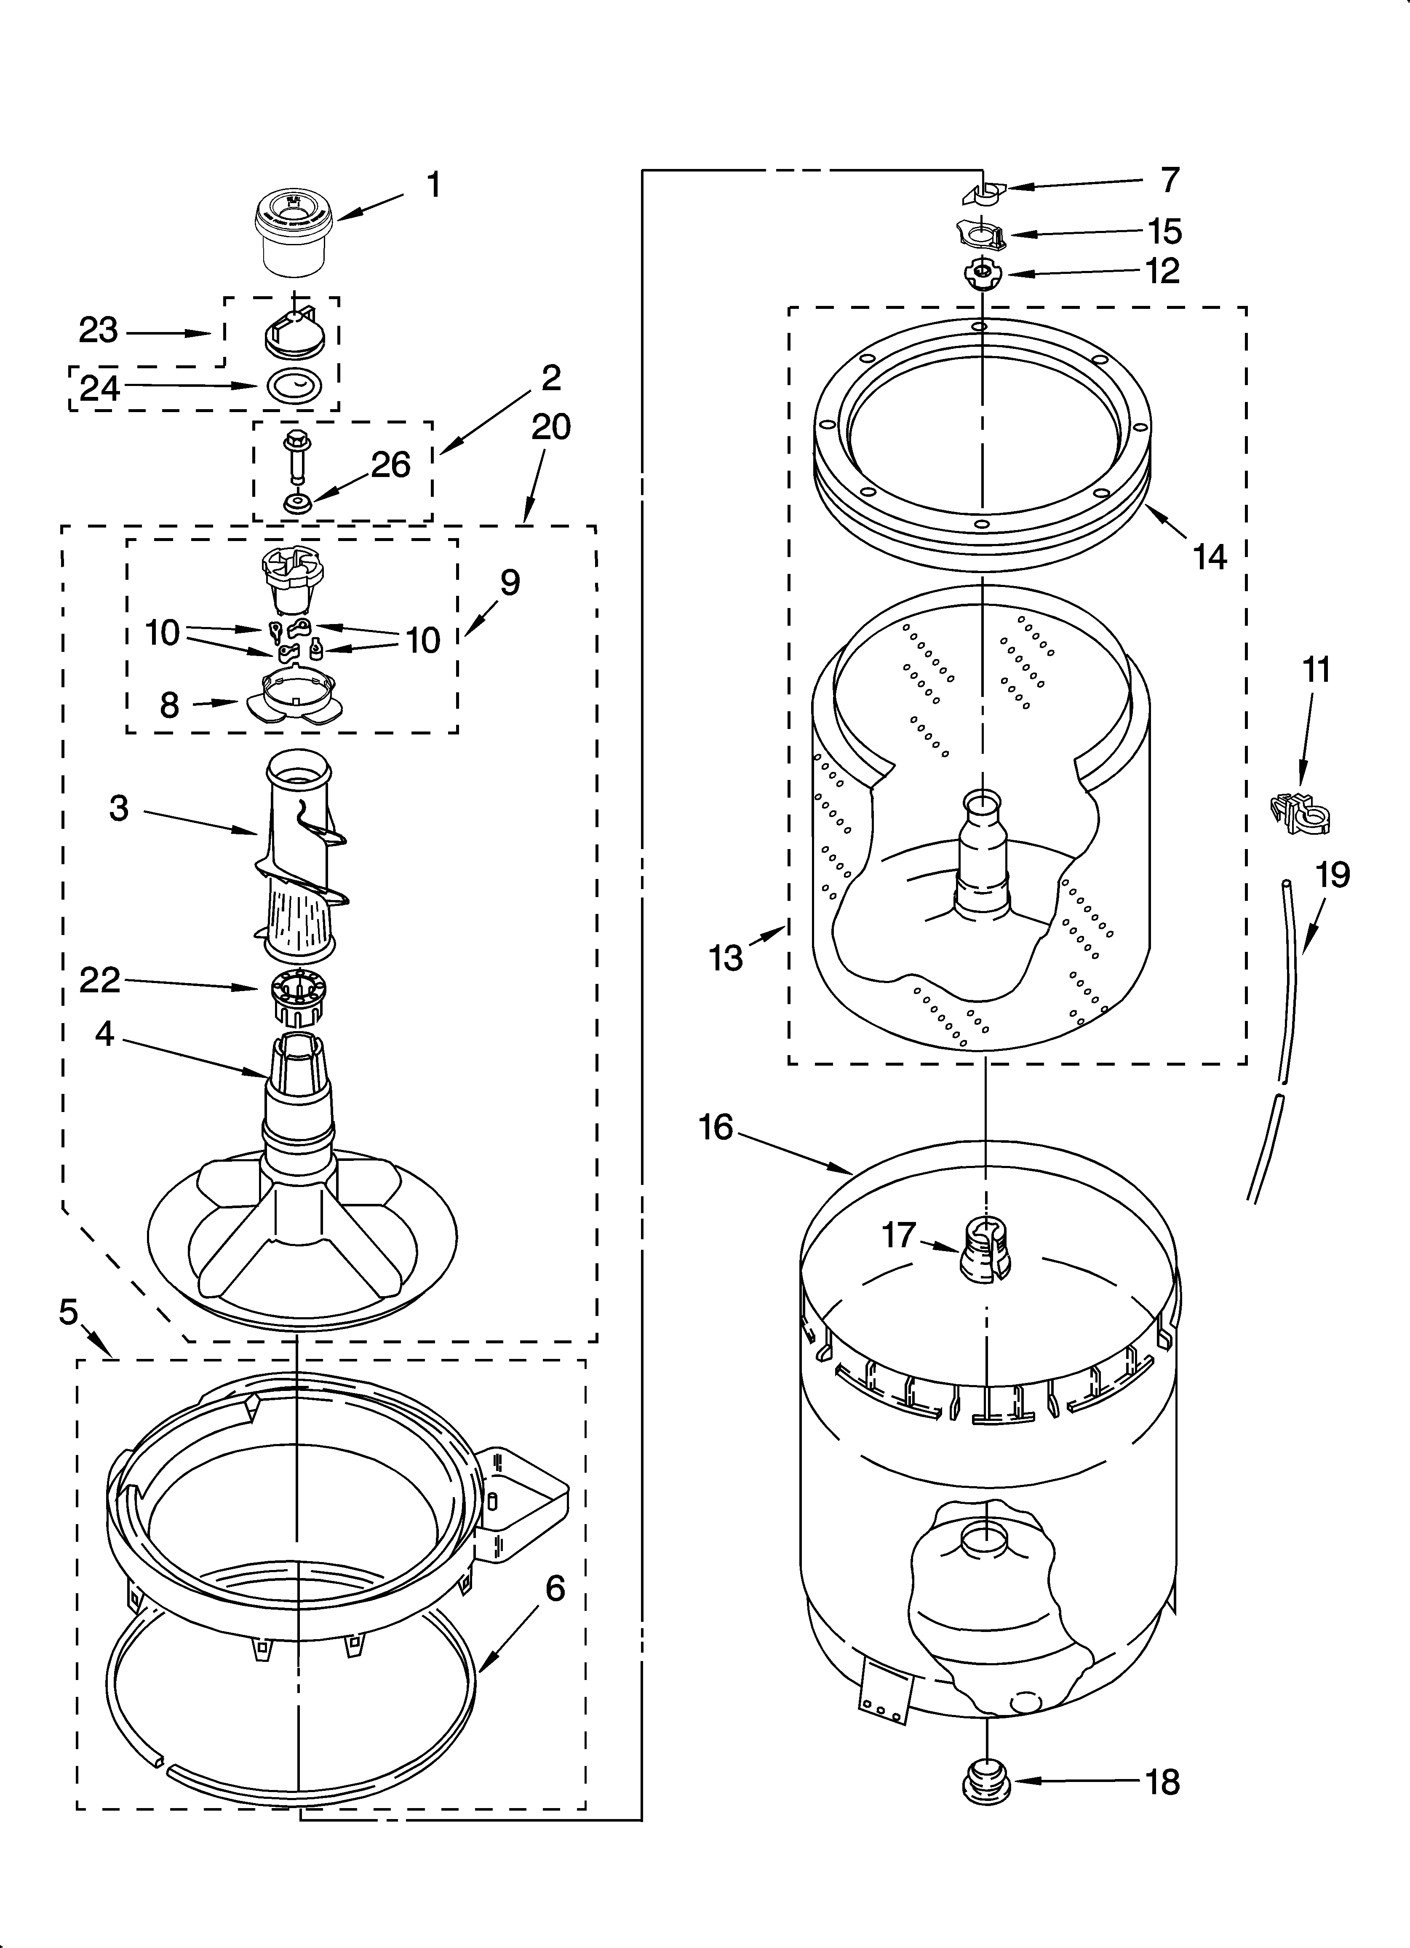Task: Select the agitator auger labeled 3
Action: tap(301, 850)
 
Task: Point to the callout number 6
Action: tap(555, 1589)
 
